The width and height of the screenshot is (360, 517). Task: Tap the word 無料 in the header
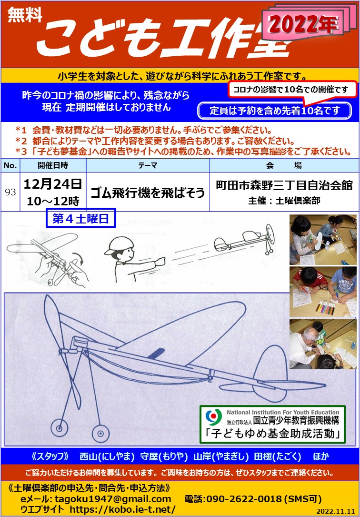click(25, 14)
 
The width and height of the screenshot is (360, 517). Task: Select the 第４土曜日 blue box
click(80, 218)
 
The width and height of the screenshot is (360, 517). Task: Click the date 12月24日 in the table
click(53, 184)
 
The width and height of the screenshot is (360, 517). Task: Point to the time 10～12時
click(53, 201)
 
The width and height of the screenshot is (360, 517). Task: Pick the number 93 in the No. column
click(10, 192)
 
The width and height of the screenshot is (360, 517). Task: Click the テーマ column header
click(148, 165)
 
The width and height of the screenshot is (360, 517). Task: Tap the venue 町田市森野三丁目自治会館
click(284, 185)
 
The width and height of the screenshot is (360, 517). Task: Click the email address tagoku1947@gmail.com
click(113, 499)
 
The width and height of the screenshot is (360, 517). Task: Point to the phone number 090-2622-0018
click(244, 499)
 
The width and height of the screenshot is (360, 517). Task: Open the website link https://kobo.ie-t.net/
click(122, 509)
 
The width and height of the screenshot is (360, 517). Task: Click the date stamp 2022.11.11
click(336, 511)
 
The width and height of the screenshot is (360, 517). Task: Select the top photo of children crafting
click(323, 240)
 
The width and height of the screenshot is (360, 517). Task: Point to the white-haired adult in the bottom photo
click(308, 346)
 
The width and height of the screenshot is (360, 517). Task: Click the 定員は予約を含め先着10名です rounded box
click(274, 111)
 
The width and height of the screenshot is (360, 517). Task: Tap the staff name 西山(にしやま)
click(107, 456)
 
